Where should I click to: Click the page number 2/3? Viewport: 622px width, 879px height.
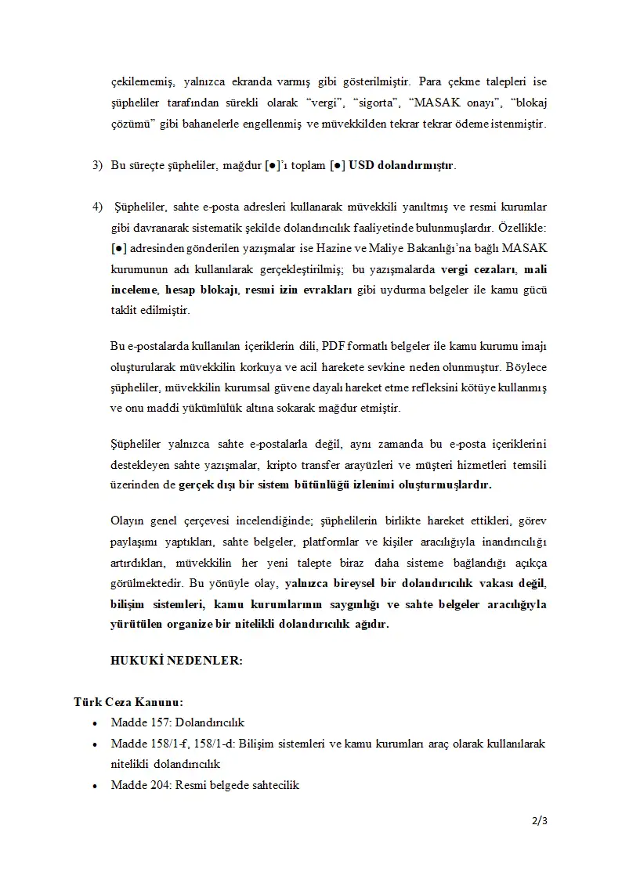(x=539, y=820)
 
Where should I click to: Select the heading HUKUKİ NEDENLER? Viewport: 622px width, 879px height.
(x=176, y=661)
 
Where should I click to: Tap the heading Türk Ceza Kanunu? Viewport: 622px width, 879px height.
(x=128, y=702)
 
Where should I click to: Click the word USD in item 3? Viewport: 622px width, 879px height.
(x=361, y=166)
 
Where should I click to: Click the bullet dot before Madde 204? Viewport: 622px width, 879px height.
(x=96, y=785)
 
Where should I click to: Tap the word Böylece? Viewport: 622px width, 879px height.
(x=526, y=366)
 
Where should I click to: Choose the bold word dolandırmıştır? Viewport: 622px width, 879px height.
(x=416, y=166)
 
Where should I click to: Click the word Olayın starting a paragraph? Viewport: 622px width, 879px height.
(x=128, y=521)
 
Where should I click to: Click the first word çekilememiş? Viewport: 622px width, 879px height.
(x=139, y=82)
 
